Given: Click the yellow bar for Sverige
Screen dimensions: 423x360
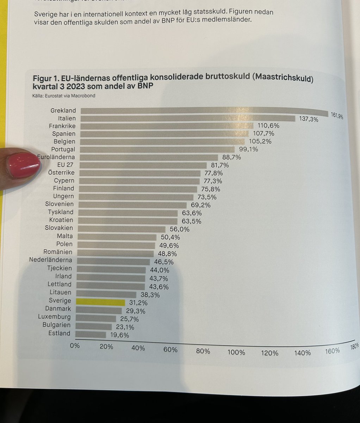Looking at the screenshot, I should coord(100,302).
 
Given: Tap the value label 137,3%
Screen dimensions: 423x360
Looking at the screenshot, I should coord(309,119).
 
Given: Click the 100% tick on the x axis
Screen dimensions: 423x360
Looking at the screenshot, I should coord(236,352).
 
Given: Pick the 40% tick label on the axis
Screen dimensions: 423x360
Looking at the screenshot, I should coord(138,348).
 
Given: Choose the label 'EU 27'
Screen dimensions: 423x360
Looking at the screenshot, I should coord(66,165).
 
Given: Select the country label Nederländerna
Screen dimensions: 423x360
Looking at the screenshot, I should coord(50,260).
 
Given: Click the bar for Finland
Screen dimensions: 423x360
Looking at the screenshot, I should coord(138,189).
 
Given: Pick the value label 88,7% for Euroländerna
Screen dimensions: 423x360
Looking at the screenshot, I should coord(231,157).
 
